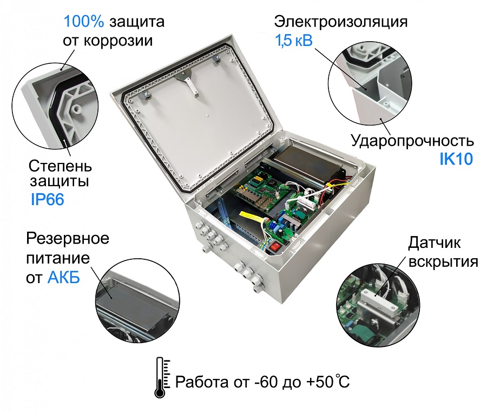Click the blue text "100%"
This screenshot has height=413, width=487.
coord(84,22)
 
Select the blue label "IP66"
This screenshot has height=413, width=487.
coord(47,200)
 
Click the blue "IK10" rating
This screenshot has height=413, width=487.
coord(456,159)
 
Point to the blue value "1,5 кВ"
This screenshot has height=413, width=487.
coord(293,41)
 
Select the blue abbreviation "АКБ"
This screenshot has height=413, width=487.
coord(63,278)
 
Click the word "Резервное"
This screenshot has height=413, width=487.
coord(68,238)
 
